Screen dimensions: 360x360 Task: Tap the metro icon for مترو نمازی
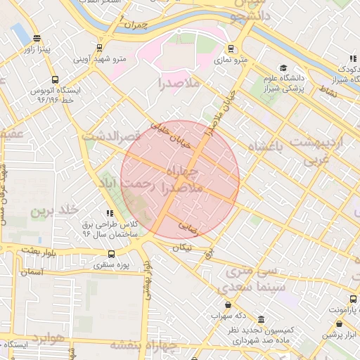pos(231,49)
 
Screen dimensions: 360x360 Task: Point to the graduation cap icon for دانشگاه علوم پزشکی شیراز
pos(283,68)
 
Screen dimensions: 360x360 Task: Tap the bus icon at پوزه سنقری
pos(111,254)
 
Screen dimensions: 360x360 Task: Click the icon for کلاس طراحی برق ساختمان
pos(109,213)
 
